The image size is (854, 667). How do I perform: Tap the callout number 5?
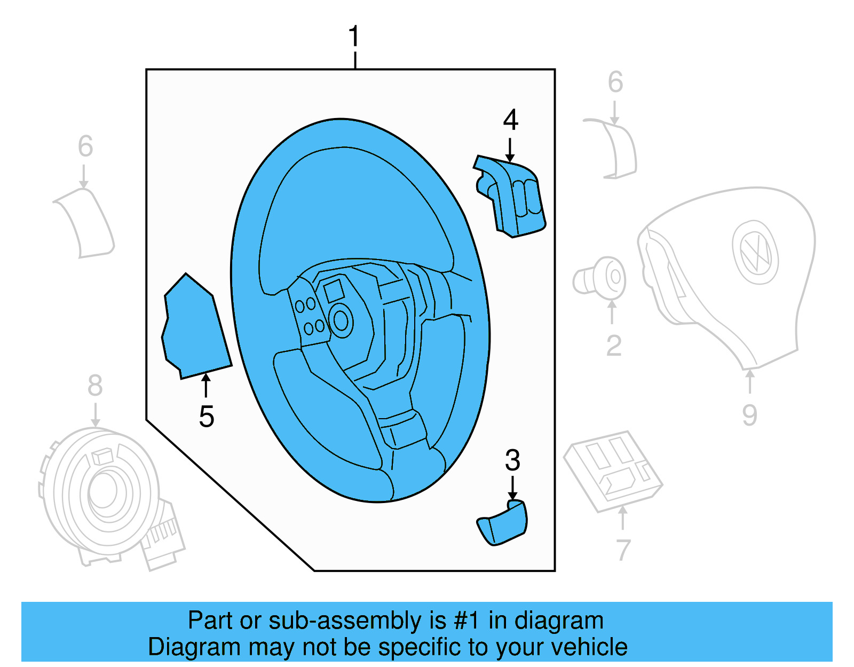[x=207, y=417]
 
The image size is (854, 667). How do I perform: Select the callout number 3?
[x=512, y=460]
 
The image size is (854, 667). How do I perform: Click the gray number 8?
[x=95, y=386]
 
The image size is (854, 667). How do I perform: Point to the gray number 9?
[x=749, y=415]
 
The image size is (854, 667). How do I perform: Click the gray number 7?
[x=623, y=550]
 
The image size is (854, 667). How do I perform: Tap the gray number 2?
[x=614, y=346]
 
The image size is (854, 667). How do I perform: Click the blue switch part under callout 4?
[x=512, y=198]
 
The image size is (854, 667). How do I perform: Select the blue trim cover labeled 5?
[x=195, y=328]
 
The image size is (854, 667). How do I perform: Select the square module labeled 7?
[x=613, y=470]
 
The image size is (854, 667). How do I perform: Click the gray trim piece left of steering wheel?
[x=85, y=222]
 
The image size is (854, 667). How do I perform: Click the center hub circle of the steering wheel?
[x=341, y=321]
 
